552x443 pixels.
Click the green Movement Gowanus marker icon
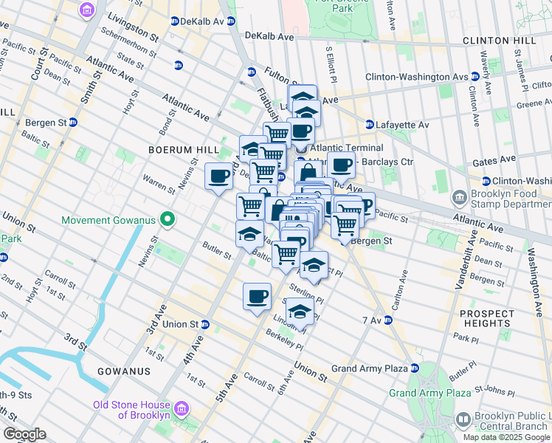click(168, 219)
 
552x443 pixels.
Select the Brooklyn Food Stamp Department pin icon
click(460, 198)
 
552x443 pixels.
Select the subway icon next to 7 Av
click(387, 320)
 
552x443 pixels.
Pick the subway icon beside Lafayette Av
click(370, 125)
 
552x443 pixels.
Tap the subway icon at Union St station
click(205, 324)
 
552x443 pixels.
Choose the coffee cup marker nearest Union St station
click(257, 297)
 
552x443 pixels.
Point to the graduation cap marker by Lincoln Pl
click(300, 313)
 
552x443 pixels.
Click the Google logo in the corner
click(24, 433)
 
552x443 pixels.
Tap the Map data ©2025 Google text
click(507, 437)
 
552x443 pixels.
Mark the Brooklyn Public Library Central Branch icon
click(463, 419)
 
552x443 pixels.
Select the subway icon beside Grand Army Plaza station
click(415, 368)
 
